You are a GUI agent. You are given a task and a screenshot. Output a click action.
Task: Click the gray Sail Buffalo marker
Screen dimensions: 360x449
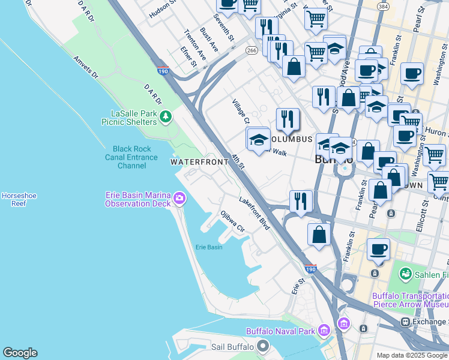[x=262, y=346]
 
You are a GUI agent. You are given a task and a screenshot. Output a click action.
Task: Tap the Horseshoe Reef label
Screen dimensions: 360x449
[x=14, y=199]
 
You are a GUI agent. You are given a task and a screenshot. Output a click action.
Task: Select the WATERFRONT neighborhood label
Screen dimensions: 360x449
[x=196, y=162]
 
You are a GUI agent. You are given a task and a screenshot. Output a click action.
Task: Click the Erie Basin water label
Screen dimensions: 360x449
[x=209, y=247]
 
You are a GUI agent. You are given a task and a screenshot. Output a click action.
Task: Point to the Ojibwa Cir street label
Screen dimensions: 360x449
[x=233, y=221]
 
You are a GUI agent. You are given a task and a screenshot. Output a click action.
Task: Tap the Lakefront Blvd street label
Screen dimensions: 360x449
[x=254, y=213]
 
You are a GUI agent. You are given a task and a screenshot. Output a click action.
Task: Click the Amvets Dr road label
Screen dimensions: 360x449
[x=85, y=67]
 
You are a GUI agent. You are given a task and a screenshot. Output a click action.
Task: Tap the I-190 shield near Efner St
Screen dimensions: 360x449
[x=163, y=71]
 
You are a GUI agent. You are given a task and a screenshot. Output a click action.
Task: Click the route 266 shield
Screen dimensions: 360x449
[x=251, y=52]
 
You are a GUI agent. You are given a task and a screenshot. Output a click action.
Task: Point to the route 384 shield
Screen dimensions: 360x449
[x=382, y=6]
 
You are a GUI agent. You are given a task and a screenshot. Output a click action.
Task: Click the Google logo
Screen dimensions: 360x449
[x=20, y=353]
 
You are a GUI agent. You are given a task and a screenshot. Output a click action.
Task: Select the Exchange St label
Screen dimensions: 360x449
[x=429, y=322]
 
